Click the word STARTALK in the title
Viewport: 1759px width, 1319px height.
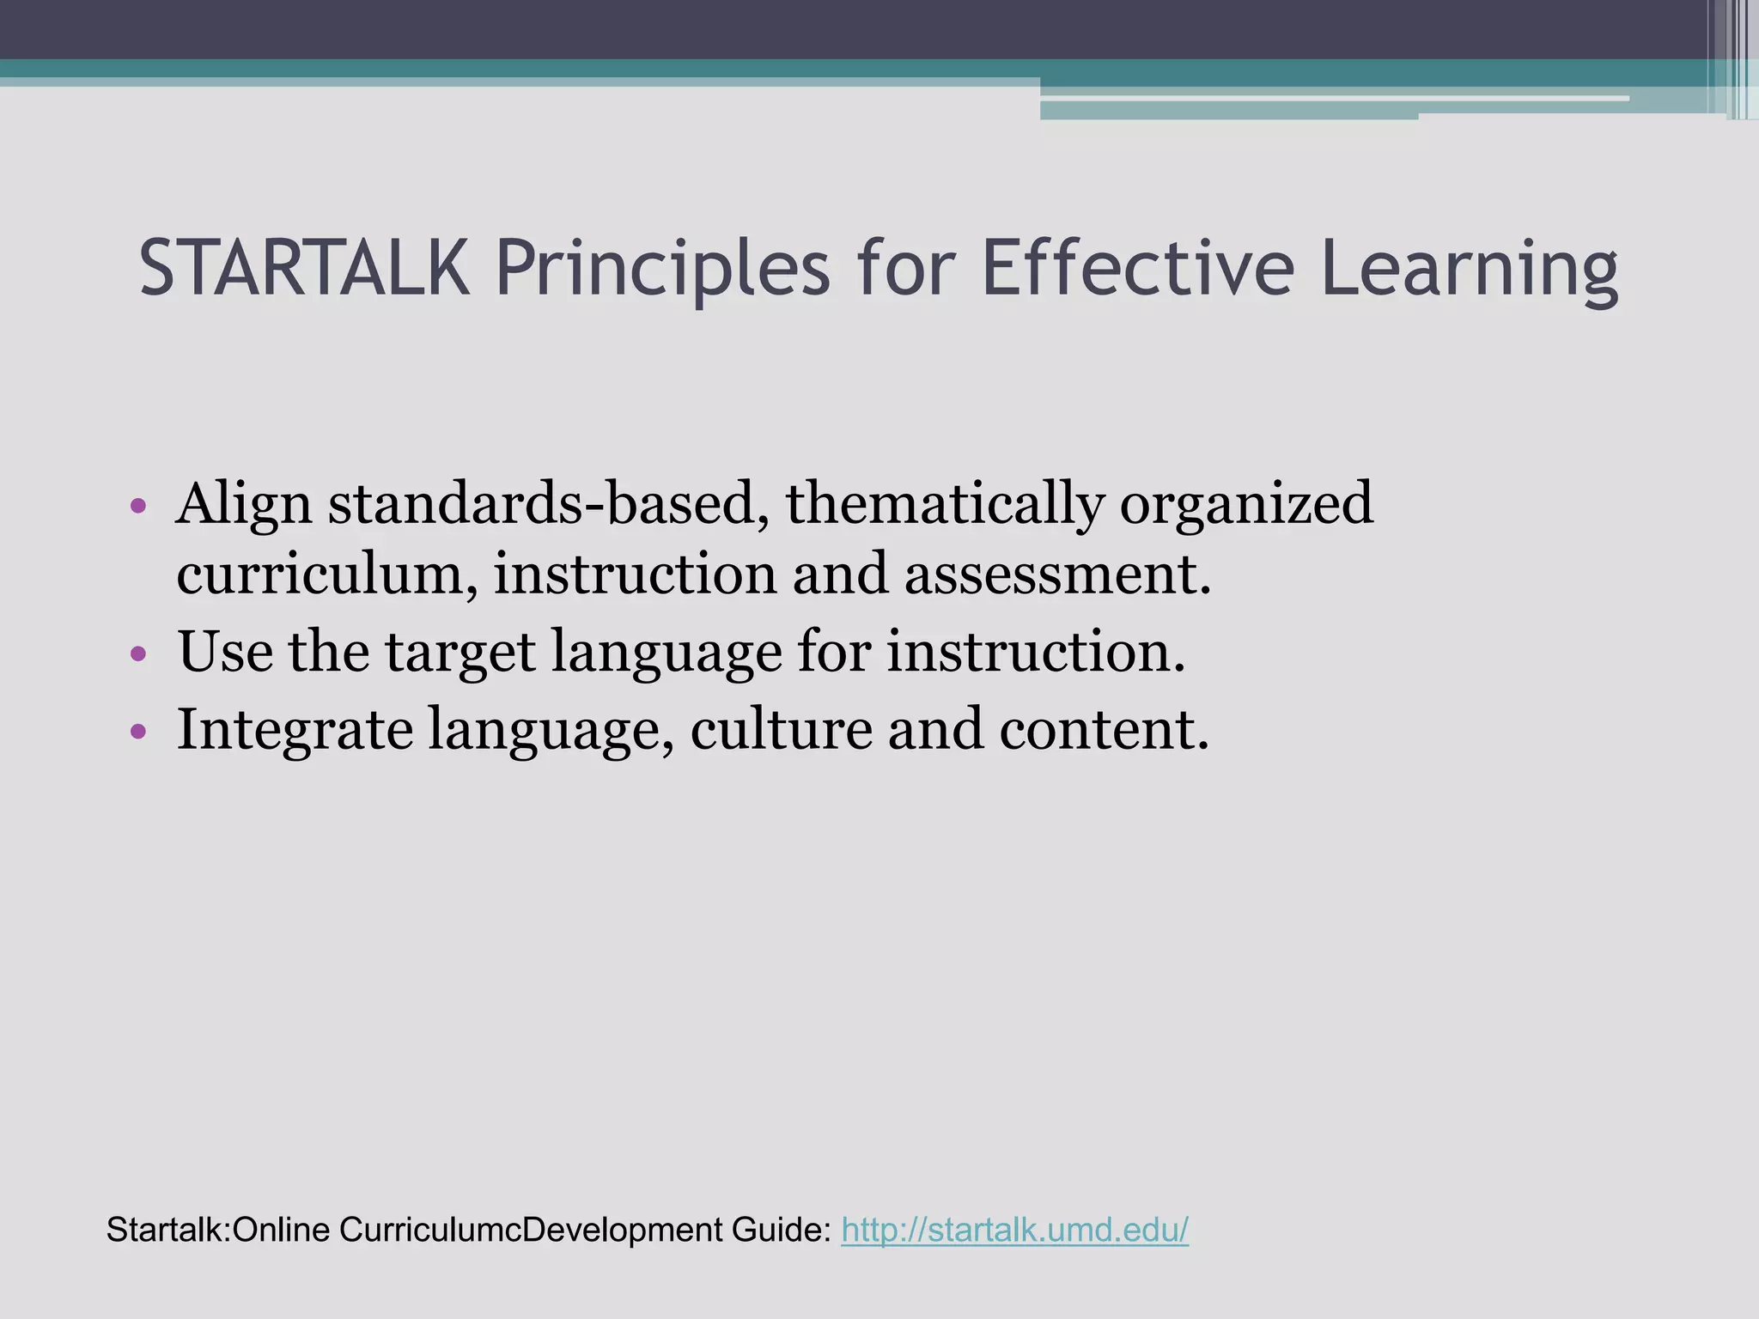(x=304, y=269)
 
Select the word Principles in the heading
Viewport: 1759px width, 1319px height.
(x=661, y=269)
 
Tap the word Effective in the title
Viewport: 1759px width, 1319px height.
(x=1137, y=269)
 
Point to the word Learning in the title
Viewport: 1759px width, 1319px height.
(x=1469, y=269)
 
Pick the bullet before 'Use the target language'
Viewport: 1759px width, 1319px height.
(x=138, y=654)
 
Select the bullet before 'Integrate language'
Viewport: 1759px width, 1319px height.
(x=138, y=731)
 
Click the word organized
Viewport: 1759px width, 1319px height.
(x=1245, y=504)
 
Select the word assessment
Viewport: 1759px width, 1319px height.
(x=1056, y=574)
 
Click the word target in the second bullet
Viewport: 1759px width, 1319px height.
(x=460, y=652)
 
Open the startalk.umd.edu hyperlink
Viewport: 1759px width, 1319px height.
(x=1014, y=1230)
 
